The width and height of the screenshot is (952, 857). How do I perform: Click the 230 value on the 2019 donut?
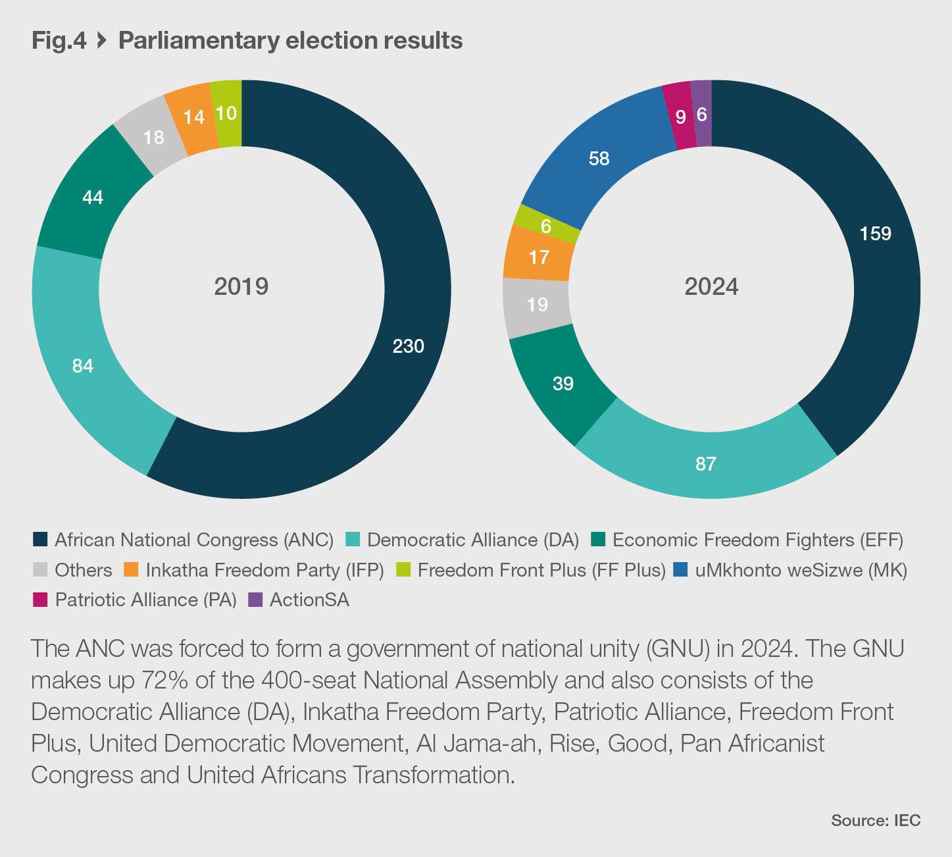(x=408, y=346)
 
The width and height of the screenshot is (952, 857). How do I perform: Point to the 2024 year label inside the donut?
(x=711, y=287)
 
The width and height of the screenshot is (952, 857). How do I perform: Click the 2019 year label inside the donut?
(x=241, y=287)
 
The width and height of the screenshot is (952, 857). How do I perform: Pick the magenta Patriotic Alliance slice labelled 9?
(x=679, y=117)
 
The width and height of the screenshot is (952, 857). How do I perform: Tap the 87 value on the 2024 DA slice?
(x=705, y=464)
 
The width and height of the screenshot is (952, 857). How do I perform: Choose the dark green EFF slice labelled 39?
(x=563, y=384)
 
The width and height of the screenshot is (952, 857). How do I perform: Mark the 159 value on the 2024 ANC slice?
(x=875, y=234)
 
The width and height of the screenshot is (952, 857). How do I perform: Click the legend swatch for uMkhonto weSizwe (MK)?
(x=681, y=569)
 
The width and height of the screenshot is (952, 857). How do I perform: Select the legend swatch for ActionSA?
(x=255, y=600)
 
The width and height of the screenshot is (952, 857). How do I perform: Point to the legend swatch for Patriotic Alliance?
(x=40, y=600)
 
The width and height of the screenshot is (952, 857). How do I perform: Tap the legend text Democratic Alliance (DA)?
(x=472, y=540)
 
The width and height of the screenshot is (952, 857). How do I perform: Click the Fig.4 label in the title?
(x=59, y=41)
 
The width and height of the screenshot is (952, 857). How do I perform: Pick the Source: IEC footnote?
(x=875, y=820)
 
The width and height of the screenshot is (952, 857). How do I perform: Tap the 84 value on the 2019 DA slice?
(x=83, y=366)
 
